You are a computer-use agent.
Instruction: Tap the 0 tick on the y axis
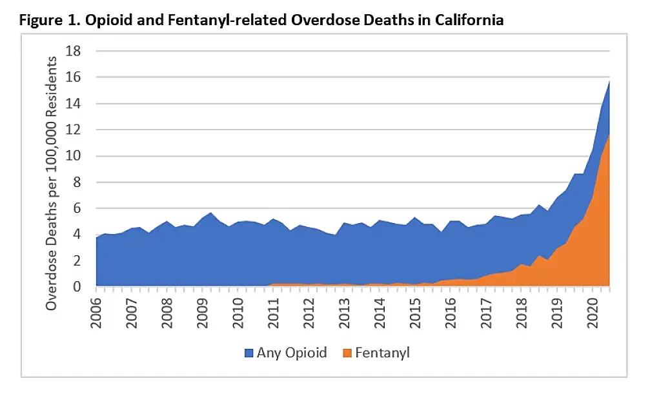(x=82, y=287)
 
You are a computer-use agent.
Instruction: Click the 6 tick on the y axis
(x=82, y=208)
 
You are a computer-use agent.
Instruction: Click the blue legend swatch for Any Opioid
(x=249, y=353)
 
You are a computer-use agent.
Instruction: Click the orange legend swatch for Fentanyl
(x=347, y=353)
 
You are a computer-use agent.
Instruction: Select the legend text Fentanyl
(x=382, y=353)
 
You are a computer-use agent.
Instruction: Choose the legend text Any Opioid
(x=291, y=353)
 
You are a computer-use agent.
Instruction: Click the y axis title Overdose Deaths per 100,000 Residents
(x=52, y=182)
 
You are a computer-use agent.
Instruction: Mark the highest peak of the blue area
(x=609, y=81)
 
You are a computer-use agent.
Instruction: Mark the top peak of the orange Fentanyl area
(x=609, y=134)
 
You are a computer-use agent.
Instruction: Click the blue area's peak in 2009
(x=210, y=213)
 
